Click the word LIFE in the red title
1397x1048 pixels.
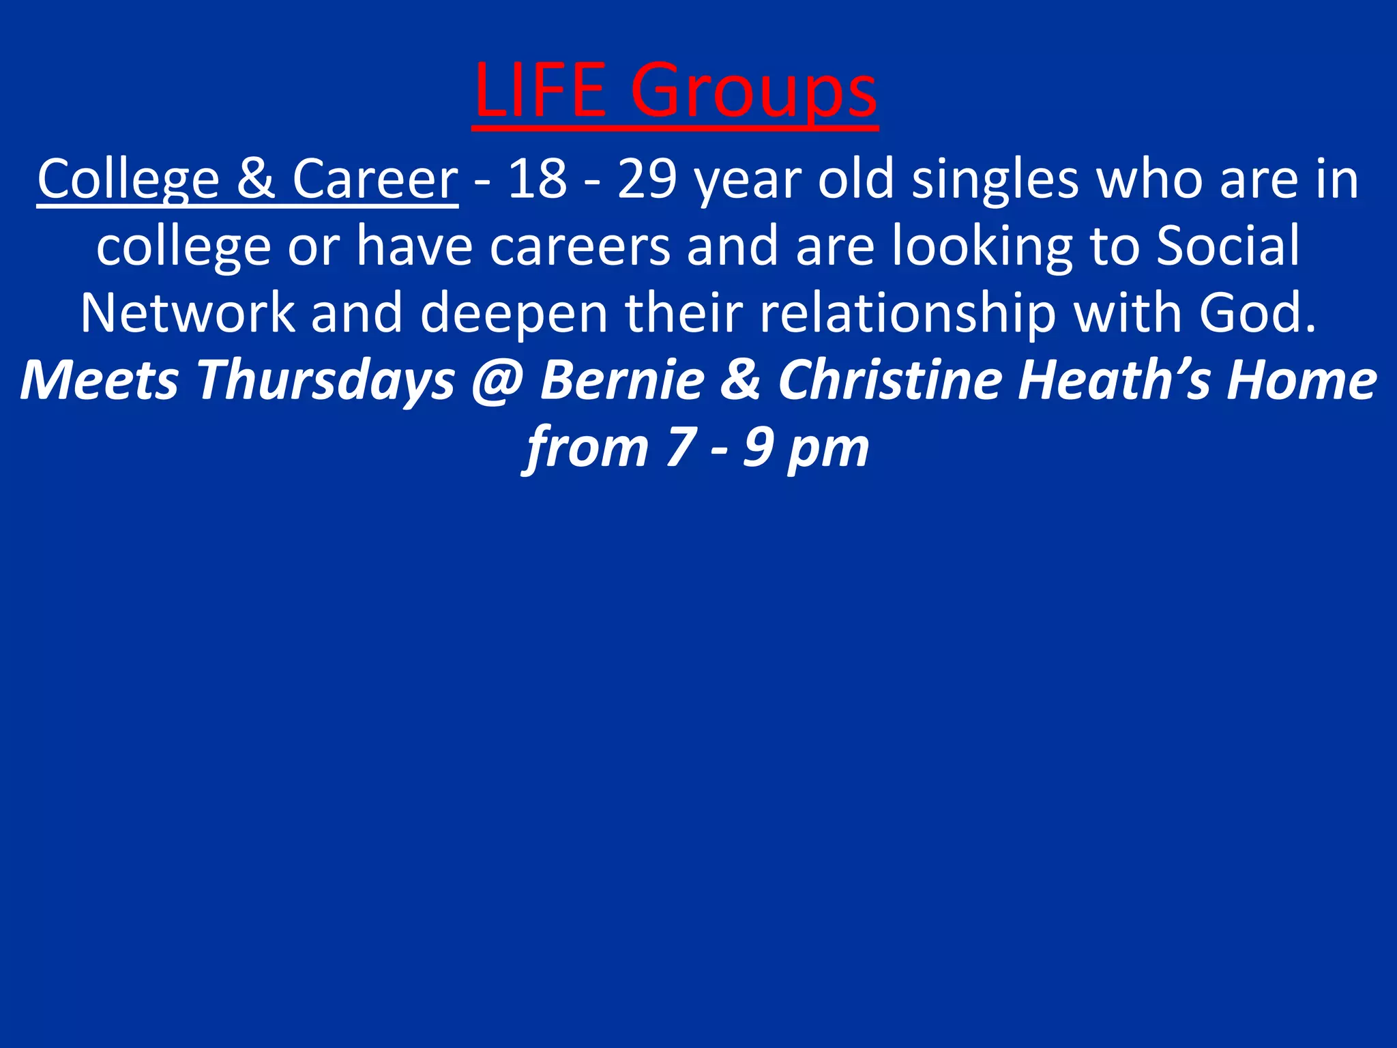coord(539,91)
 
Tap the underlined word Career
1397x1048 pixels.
coord(374,179)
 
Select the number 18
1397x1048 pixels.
coord(538,179)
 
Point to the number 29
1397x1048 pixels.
coord(647,179)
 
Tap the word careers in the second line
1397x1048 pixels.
coord(580,246)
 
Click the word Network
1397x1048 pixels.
coord(188,313)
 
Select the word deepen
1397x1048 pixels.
coord(514,315)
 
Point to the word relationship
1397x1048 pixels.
coord(908,315)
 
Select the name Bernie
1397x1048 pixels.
coord(622,380)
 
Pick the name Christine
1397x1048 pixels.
coord(889,380)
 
